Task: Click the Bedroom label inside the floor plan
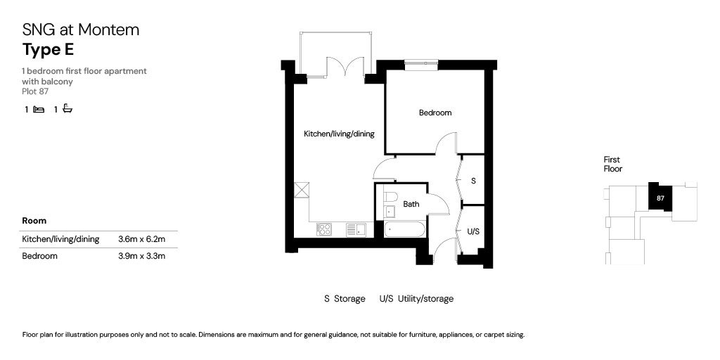pos(435,112)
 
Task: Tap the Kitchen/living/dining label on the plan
pos(339,134)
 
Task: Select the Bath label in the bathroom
pos(411,205)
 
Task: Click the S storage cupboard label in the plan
pos(473,181)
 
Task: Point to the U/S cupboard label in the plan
pos(473,231)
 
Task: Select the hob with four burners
pos(324,229)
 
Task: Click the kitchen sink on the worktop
pos(355,229)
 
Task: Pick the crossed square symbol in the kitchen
pos(302,190)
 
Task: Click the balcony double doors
pos(345,69)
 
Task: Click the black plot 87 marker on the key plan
pos(660,198)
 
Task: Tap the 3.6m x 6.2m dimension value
pos(141,239)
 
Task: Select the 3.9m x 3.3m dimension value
pos(141,256)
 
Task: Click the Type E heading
pos(48,49)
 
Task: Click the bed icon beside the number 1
pos(39,110)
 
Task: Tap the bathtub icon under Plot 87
pos(67,109)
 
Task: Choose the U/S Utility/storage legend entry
pos(416,299)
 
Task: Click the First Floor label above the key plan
pos(612,164)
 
